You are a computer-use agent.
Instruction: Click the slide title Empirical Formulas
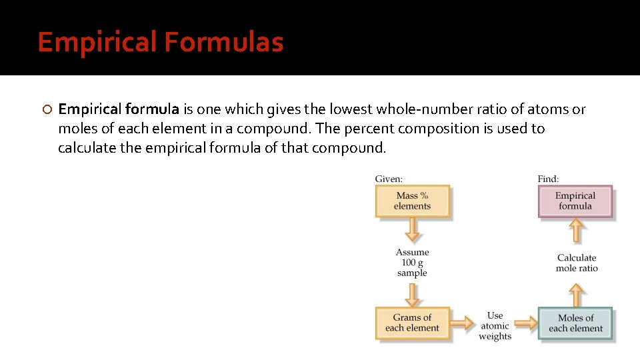coord(160,42)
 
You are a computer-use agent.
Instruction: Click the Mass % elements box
coord(412,201)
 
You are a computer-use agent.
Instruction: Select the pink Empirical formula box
coord(575,201)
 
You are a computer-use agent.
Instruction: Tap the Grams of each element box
coord(412,323)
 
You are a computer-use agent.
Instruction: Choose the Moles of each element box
coord(575,323)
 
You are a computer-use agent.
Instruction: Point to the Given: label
coord(389,179)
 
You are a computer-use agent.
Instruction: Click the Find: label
coord(548,179)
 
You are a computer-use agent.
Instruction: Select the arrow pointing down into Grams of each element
coord(413,293)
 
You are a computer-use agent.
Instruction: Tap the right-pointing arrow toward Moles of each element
coord(525,324)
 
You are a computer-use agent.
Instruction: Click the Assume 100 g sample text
coord(412,263)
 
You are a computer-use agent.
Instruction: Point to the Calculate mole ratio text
coord(577,263)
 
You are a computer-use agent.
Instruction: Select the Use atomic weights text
coord(495,326)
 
